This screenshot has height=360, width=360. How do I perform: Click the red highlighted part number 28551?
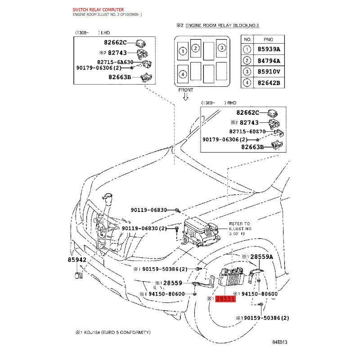click(225, 299)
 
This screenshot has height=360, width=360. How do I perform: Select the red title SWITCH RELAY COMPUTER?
click(98, 9)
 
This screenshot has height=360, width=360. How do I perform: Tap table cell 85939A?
click(269, 49)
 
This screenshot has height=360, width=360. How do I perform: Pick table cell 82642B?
click(269, 83)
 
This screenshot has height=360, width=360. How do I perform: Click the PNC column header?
click(268, 40)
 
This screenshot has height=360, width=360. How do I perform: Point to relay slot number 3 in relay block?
click(221, 48)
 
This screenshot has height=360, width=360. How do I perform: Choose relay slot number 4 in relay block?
click(183, 74)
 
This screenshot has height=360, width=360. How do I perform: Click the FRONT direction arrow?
click(186, 97)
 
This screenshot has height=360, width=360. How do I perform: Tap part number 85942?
click(77, 260)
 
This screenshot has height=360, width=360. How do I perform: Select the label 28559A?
click(262, 256)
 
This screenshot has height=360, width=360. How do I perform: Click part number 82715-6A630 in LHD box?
click(115, 62)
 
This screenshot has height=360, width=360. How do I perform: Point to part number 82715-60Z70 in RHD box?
click(247, 131)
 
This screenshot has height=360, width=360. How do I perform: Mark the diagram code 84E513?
click(279, 342)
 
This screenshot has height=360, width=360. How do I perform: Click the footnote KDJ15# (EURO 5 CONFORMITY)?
click(117, 332)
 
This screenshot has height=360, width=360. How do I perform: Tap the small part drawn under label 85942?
click(78, 275)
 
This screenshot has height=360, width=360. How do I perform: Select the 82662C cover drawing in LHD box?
click(140, 43)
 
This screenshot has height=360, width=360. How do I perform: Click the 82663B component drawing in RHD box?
click(277, 145)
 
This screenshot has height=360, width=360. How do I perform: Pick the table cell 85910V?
click(269, 72)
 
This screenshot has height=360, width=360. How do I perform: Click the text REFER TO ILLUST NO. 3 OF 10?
click(240, 229)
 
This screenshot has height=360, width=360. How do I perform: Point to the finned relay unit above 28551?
click(231, 276)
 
